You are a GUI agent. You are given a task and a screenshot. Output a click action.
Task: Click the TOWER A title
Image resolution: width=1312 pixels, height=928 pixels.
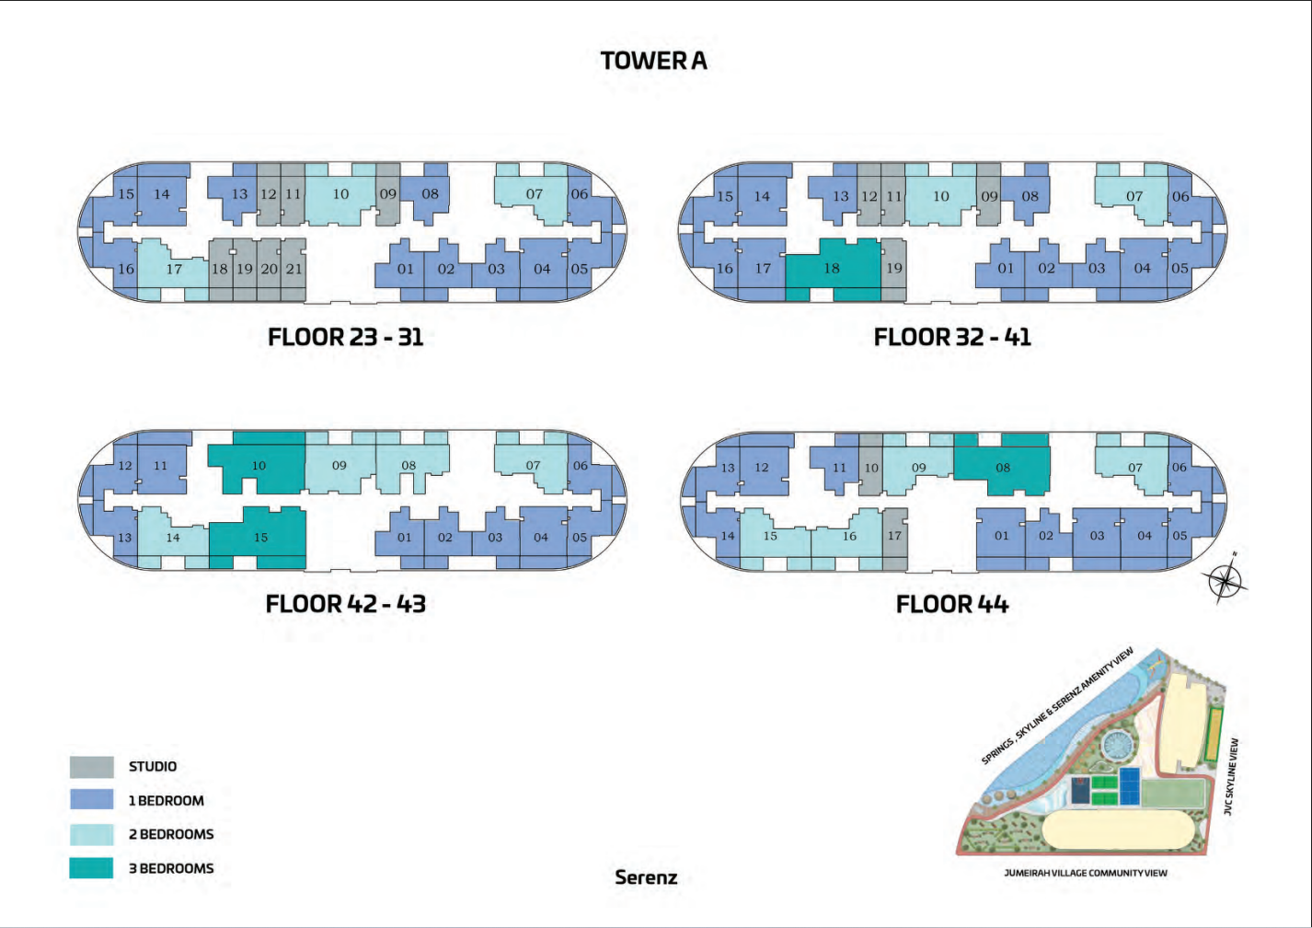tap(653, 61)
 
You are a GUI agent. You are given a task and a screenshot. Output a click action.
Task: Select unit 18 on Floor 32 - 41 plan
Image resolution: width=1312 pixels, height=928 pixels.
tap(833, 269)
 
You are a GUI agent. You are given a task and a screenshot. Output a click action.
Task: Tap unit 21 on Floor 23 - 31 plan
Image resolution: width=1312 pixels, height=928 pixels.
tap(293, 269)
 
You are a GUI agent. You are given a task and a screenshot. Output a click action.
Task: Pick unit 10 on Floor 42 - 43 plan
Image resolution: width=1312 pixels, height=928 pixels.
tap(259, 466)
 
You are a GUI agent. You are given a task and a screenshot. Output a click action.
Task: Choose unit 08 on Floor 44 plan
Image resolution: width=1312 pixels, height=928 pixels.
tap(1003, 468)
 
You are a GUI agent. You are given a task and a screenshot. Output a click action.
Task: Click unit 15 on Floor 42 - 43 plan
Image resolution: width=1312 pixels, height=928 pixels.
tap(260, 537)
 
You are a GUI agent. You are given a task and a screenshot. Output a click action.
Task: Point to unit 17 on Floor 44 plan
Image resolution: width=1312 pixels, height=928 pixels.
tap(894, 536)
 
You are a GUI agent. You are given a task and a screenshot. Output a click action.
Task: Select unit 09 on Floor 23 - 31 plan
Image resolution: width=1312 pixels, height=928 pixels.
tap(387, 194)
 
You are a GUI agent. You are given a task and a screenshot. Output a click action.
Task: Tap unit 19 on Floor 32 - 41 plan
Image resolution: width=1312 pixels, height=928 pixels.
tap(893, 269)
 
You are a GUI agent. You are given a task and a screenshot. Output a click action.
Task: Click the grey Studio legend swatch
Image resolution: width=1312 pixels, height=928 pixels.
tap(91, 767)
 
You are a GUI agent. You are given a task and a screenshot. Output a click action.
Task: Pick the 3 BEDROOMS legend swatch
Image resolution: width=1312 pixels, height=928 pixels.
tap(91, 868)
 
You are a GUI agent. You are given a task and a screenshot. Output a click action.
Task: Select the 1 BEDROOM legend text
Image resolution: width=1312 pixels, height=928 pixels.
tap(167, 801)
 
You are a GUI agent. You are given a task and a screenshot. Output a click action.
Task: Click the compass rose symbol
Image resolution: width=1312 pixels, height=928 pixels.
tap(1227, 579)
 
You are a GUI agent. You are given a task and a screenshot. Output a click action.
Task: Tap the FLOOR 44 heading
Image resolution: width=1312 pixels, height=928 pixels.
tap(952, 605)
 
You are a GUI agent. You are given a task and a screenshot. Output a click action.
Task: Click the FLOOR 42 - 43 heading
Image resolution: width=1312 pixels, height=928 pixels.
tap(346, 604)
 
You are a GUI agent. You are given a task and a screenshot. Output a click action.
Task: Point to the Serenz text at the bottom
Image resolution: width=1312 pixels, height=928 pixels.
tap(646, 877)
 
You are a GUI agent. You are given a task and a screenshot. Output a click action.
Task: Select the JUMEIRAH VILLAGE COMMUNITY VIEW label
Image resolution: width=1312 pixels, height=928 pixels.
tap(1086, 873)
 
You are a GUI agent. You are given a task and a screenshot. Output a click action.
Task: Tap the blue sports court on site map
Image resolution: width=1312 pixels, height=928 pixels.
tap(1128, 786)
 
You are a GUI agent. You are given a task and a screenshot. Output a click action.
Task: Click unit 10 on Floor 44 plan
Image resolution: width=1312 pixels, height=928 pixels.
tap(871, 468)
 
